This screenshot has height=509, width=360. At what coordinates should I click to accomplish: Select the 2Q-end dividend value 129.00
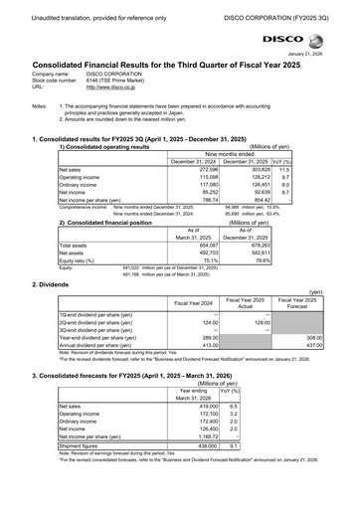(x=257, y=322)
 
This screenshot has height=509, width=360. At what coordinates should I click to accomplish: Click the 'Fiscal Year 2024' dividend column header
(x=195, y=301)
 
